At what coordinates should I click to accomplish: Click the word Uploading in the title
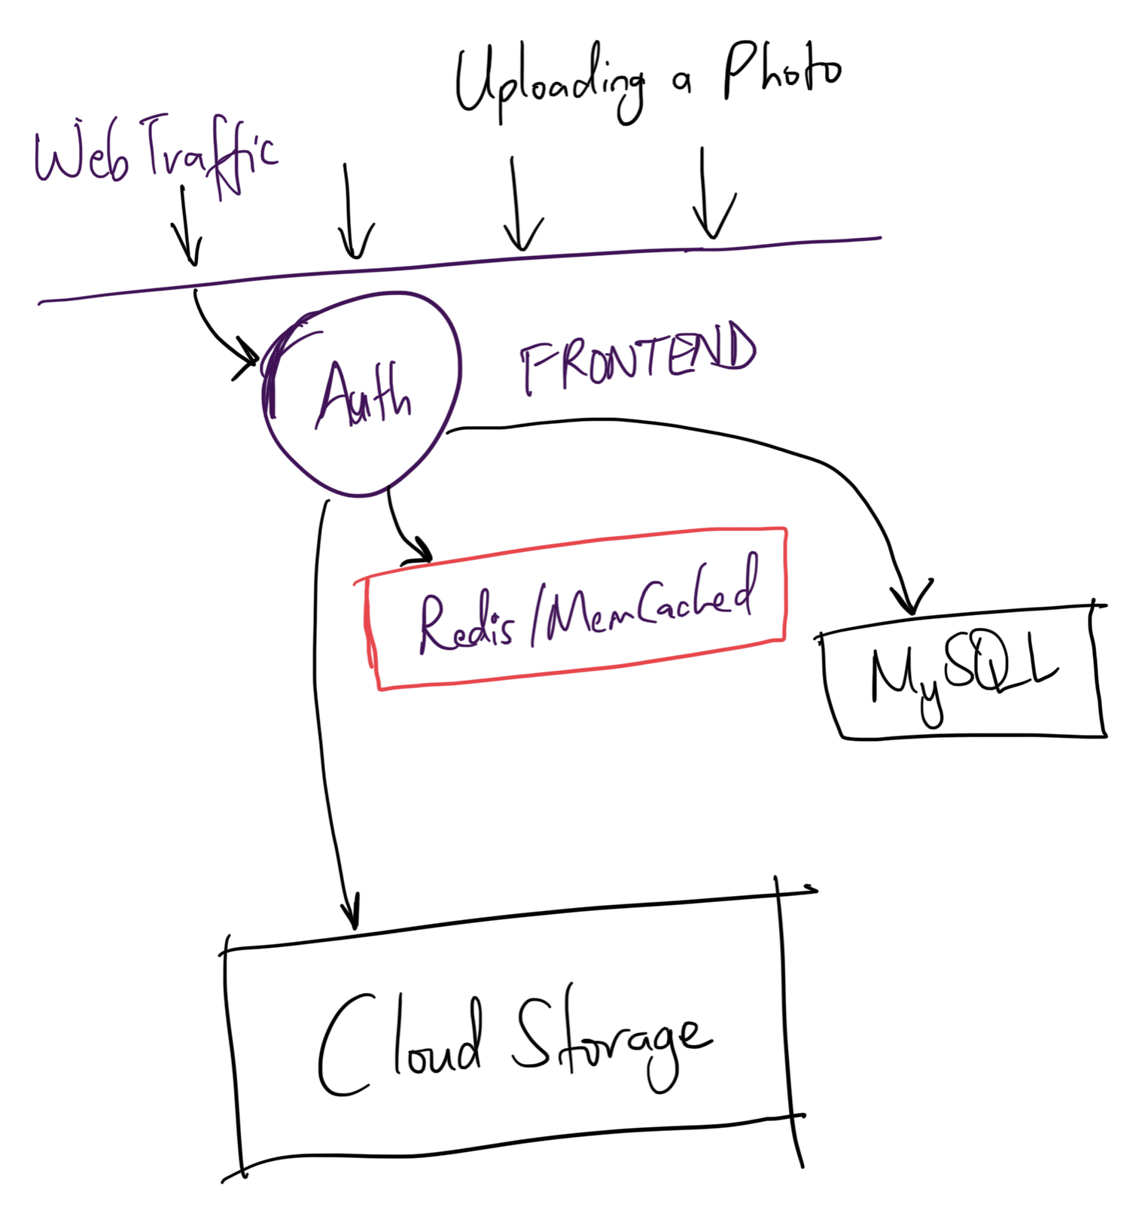550,83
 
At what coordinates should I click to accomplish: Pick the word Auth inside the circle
364,395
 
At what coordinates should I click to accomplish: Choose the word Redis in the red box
467,624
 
